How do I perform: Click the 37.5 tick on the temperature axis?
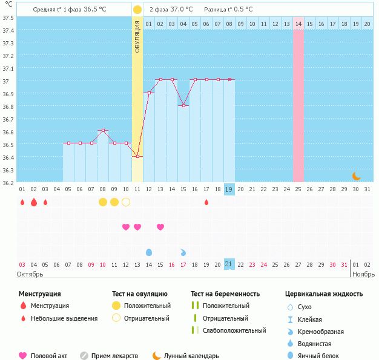(x=8, y=18)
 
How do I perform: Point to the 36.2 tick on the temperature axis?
(x=8, y=182)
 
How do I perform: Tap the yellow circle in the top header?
(x=137, y=10)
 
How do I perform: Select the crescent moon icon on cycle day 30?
(x=357, y=176)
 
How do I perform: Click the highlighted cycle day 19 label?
(x=229, y=189)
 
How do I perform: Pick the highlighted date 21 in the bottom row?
(x=229, y=264)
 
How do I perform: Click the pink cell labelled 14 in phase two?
(x=298, y=24)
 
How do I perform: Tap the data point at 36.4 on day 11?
(x=137, y=157)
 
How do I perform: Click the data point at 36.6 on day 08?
(x=103, y=130)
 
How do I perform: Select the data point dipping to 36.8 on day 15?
(x=183, y=105)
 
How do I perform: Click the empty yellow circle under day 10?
(x=126, y=202)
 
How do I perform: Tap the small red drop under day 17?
(x=206, y=202)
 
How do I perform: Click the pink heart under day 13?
(x=137, y=227)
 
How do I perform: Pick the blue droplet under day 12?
(x=149, y=252)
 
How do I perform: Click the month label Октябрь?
(x=30, y=274)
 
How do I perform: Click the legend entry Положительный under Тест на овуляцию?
(x=147, y=306)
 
